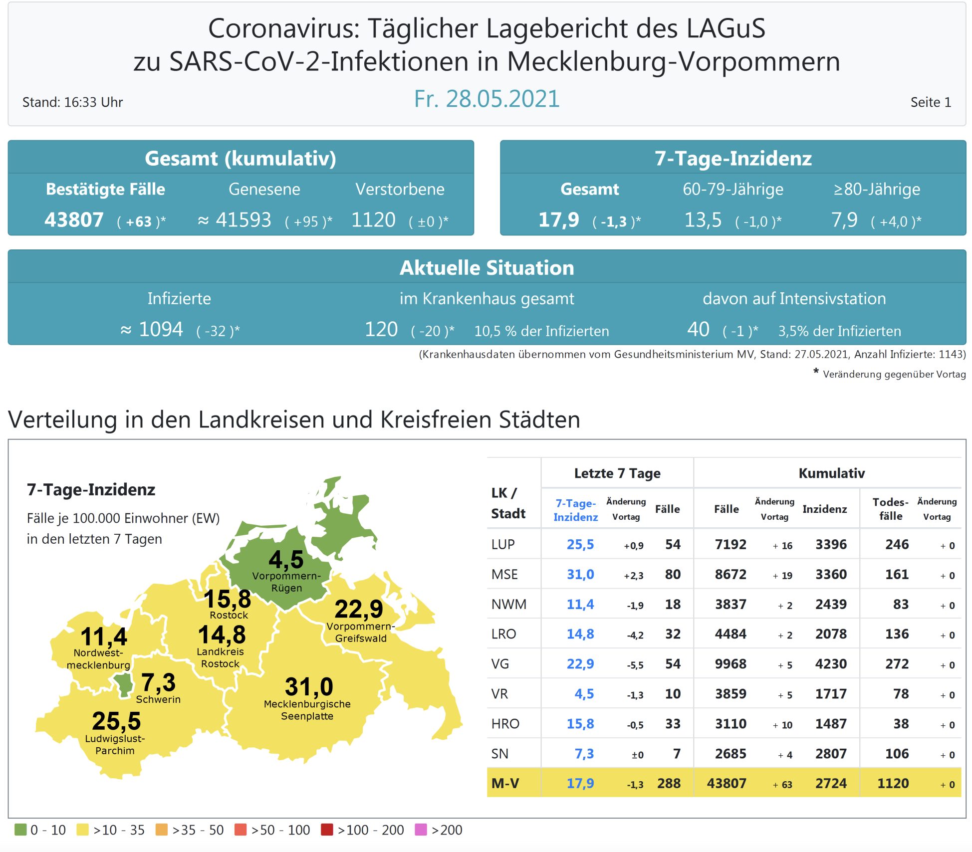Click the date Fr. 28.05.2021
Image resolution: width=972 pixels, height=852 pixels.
(486, 99)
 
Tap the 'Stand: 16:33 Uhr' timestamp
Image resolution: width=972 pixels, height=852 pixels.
(72, 102)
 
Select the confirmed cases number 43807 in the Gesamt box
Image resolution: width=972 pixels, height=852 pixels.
(74, 220)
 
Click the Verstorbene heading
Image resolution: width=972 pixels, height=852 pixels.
(400, 189)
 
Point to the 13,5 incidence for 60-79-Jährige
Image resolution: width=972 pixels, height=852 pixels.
(703, 220)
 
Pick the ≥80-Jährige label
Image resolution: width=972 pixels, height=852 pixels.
(877, 189)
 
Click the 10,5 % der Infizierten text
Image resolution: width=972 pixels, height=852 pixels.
(541, 331)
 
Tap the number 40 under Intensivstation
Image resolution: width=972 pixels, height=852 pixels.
(698, 329)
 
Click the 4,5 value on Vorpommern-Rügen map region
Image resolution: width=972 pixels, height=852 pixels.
(286, 559)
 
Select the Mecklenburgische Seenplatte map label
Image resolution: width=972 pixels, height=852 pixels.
(307, 710)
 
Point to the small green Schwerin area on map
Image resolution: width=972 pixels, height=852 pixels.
(123, 683)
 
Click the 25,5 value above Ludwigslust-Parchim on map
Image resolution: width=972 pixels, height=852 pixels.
(116, 721)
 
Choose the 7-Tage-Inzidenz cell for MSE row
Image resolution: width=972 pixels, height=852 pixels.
(580, 574)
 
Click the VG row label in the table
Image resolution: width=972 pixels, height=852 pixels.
(500, 664)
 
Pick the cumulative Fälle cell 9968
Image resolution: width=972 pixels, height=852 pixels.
(730, 664)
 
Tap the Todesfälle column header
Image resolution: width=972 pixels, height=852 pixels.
(890, 509)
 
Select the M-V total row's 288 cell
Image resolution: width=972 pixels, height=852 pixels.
(669, 783)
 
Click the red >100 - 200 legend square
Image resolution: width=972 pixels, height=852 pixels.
(327, 830)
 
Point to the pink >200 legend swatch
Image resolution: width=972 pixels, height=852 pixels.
(421, 830)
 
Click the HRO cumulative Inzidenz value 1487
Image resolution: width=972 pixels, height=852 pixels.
(831, 724)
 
